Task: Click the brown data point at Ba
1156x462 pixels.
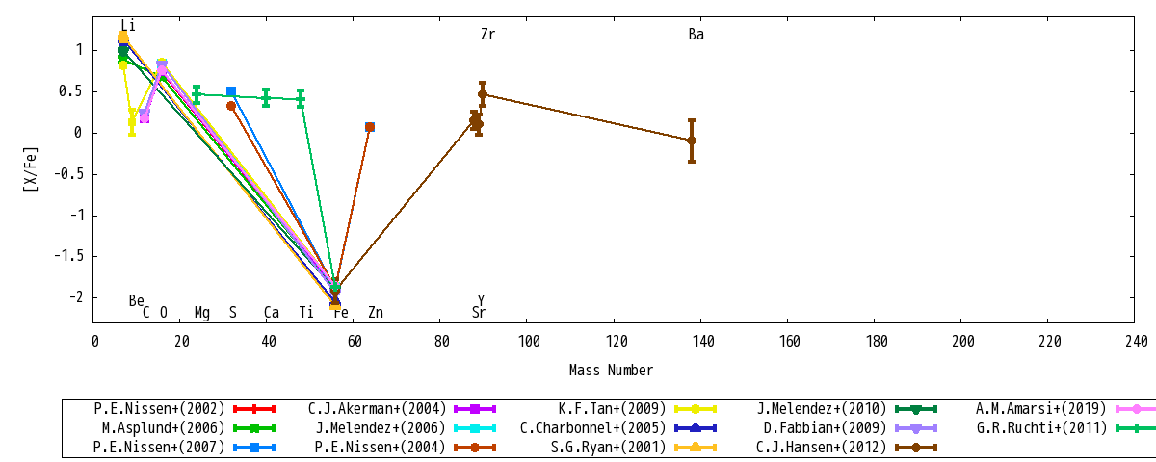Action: (x=692, y=141)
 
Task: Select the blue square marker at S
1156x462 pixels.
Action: (x=231, y=91)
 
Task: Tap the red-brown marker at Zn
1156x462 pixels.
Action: (x=370, y=127)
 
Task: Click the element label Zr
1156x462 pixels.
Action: (x=487, y=34)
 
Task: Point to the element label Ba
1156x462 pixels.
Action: (x=696, y=34)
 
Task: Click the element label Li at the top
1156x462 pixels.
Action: (x=128, y=25)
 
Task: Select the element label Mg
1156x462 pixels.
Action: (x=201, y=313)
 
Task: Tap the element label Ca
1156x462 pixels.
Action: (x=272, y=312)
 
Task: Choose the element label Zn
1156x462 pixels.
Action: (x=376, y=312)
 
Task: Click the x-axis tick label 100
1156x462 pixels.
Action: (x=529, y=341)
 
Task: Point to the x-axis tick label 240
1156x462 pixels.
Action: (x=1136, y=341)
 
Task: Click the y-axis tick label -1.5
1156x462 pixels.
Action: (x=68, y=256)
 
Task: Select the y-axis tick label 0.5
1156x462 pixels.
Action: (x=70, y=91)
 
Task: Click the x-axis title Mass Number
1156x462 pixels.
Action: (x=611, y=370)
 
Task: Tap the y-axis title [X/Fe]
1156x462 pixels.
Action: (x=31, y=169)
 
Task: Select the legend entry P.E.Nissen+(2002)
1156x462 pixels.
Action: (x=184, y=409)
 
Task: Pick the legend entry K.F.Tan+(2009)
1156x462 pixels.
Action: (x=638, y=409)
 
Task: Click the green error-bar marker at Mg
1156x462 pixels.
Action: (x=197, y=94)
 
